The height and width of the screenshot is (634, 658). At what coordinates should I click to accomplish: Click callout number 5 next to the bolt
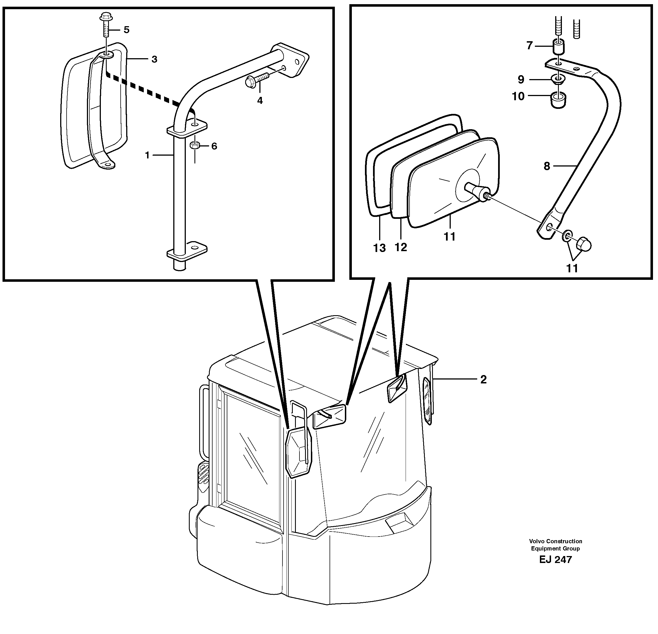126,30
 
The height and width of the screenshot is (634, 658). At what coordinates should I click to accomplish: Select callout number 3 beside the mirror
154,59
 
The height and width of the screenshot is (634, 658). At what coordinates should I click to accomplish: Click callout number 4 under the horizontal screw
260,100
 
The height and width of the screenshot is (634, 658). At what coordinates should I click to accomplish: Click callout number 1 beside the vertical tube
147,155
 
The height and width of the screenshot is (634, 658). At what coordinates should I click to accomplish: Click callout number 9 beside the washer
521,80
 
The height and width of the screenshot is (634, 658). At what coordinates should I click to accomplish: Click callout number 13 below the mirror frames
379,248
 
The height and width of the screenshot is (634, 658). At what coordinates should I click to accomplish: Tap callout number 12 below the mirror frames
401,247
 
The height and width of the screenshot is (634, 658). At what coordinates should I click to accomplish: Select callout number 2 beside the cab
483,379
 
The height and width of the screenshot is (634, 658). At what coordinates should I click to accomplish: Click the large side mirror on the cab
298,453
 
